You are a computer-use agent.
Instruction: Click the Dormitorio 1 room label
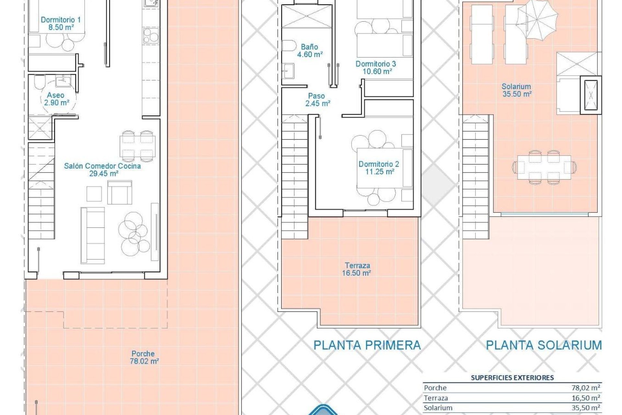[x=61, y=20]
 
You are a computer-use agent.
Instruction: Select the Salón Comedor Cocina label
[x=102, y=166]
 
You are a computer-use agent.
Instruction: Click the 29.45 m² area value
[x=104, y=173]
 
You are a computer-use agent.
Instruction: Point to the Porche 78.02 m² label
[x=144, y=357]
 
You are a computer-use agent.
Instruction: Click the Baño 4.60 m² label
[x=309, y=51]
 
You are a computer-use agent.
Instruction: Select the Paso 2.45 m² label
[x=317, y=100]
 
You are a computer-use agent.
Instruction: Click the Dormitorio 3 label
[x=376, y=64]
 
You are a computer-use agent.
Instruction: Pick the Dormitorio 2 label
[x=379, y=164]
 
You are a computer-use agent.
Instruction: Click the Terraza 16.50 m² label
[x=357, y=269]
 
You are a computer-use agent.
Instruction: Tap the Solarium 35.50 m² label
[x=516, y=90]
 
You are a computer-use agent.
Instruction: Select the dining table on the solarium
[x=544, y=167]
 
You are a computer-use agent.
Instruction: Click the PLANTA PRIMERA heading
[x=367, y=345]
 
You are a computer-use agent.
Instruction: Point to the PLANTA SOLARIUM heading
[x=544, y=345]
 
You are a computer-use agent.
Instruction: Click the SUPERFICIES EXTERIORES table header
[x=512, y=377]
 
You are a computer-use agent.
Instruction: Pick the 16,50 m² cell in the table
[x=585, y=398]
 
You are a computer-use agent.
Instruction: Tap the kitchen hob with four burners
[x=151, y=35]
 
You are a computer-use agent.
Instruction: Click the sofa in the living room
[x=93, y=235]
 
